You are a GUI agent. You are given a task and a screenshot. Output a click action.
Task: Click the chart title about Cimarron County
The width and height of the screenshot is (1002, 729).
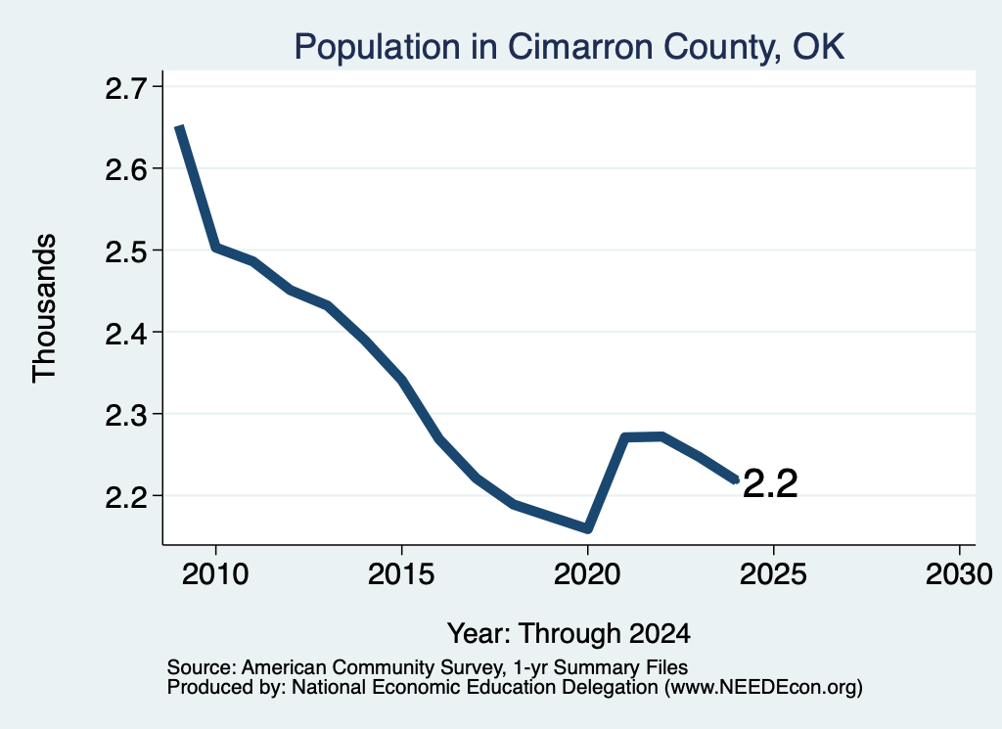click(569, 47)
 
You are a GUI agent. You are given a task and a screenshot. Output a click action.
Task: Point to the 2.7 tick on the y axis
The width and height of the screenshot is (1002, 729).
click(125, 87)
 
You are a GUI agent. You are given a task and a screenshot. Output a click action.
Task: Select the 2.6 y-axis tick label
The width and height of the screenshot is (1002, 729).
click(125, 169)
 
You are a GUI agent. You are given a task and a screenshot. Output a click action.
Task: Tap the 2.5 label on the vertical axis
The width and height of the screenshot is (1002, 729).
click(125, 251)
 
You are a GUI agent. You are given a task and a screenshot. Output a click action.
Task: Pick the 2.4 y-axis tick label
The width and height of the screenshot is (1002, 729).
click(125, 333)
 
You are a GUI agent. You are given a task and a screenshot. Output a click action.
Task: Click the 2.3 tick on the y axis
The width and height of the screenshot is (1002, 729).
click(125, 415)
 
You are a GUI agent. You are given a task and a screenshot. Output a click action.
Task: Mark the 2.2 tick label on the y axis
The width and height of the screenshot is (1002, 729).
click(125, 497)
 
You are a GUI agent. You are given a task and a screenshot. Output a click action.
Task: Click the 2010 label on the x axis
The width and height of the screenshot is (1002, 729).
click(215, 574)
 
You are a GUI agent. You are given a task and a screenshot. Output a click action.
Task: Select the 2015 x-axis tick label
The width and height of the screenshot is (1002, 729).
click(401, 574)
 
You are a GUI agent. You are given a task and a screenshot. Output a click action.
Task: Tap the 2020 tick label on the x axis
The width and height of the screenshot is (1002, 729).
click(587, 574)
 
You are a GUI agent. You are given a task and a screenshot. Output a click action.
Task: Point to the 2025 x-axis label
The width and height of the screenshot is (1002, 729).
click(773, 574)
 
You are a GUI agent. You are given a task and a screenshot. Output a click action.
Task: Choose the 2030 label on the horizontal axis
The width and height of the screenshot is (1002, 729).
click(959, 574)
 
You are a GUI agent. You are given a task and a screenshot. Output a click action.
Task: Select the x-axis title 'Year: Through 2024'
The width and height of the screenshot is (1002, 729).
click(569, 634)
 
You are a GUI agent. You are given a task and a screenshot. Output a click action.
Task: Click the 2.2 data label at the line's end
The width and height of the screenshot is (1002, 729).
click(771, 483)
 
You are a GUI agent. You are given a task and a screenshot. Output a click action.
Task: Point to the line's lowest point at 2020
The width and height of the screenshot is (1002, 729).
click(588, 529)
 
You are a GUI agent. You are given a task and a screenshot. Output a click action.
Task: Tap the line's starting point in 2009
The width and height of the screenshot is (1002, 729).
click(180, 127)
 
